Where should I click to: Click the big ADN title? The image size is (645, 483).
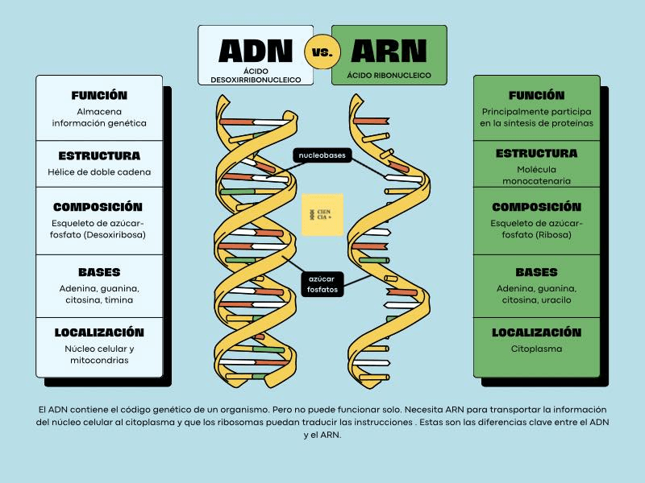click(256, 51)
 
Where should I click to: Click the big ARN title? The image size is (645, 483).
click(389, 51)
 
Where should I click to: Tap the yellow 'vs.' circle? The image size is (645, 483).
click(322, 52)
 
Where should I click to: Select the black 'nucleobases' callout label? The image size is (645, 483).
click(322, 155)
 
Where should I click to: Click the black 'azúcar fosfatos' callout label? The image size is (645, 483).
click(322, 284)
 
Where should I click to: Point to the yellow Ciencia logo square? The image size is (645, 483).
click(322, 215)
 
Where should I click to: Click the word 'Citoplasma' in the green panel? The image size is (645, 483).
click(536, 349)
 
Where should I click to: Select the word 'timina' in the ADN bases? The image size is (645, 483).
click(119, 299)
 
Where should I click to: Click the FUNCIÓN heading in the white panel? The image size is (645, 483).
click(99, 95)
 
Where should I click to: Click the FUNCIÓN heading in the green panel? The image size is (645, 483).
click(536, 95)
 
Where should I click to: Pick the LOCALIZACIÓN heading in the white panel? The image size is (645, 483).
click(99, 332)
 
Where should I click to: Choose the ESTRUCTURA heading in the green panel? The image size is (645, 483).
click(536, 153)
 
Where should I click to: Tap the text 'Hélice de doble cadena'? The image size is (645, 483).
click(99, 172)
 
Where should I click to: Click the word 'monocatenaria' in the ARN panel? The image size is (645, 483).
click(536, 180)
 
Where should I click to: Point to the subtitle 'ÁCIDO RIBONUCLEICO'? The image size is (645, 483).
click(389, 75)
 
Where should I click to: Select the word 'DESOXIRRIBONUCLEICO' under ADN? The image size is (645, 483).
click(256, 80)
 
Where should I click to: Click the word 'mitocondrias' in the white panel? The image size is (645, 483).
click(99, 360)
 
